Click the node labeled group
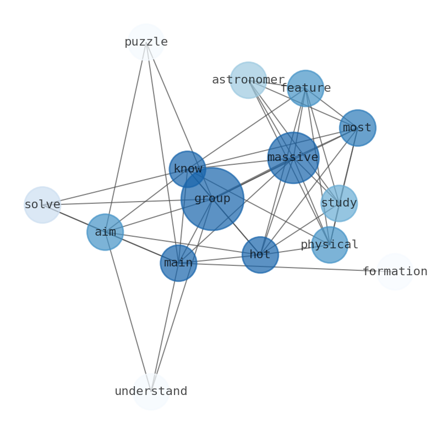tap(212, 199)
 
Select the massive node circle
tap(293, 158)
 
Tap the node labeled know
tap(187, 169)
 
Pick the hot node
tap(260, 255)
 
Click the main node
tap(178, 263)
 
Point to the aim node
tap(105, 232)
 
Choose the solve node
tap(42, 205)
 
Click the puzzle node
tap(146, 42)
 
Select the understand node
tap(151, 392)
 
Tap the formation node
tap(395, 272)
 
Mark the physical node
tap(330, 244)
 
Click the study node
tap(339, 203)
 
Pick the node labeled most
tap(357, 128)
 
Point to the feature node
tap(305, 88)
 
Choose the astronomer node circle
tap(248, 80)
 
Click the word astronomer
tap(248, 80)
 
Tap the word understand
tap(151, 392)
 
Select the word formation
tap(395, 272)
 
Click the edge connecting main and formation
tap(286, 268)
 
